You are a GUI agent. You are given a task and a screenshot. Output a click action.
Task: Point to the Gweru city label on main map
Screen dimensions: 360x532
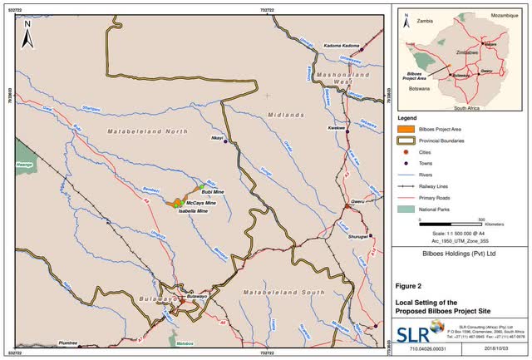[359, 201]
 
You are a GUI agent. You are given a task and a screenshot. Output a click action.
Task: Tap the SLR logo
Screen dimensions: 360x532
[413, 333]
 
